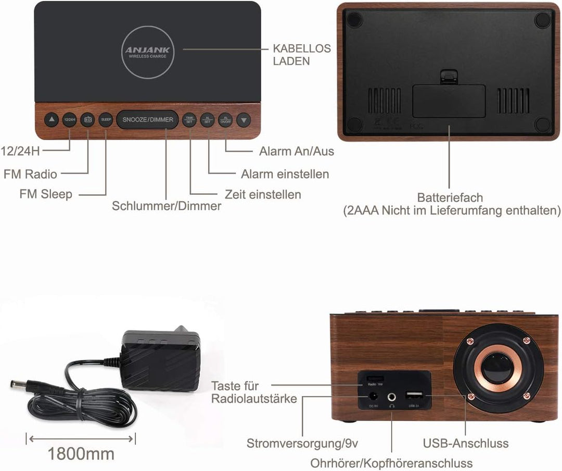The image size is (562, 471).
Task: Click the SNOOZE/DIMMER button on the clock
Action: [x=147, y=120]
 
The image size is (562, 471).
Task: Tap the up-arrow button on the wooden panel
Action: [x=51, y=120]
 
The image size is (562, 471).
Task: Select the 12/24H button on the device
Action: [x=69, y=120]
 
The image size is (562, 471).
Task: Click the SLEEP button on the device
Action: [x=106, y=120]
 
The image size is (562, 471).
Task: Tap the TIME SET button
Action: [x=189, y=120]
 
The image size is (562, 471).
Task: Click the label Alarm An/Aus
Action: [x=297, y=152]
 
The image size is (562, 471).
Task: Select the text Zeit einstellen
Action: [x=263, y=194]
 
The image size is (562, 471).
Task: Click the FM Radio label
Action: [x=30, y=173]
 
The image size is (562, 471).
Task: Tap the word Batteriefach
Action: [x=450, y=198]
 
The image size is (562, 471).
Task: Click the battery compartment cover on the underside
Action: [x=449, y=101]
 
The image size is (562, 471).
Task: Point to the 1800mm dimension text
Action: [x=81, y=454]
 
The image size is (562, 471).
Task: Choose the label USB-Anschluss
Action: [x=466, y=443]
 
